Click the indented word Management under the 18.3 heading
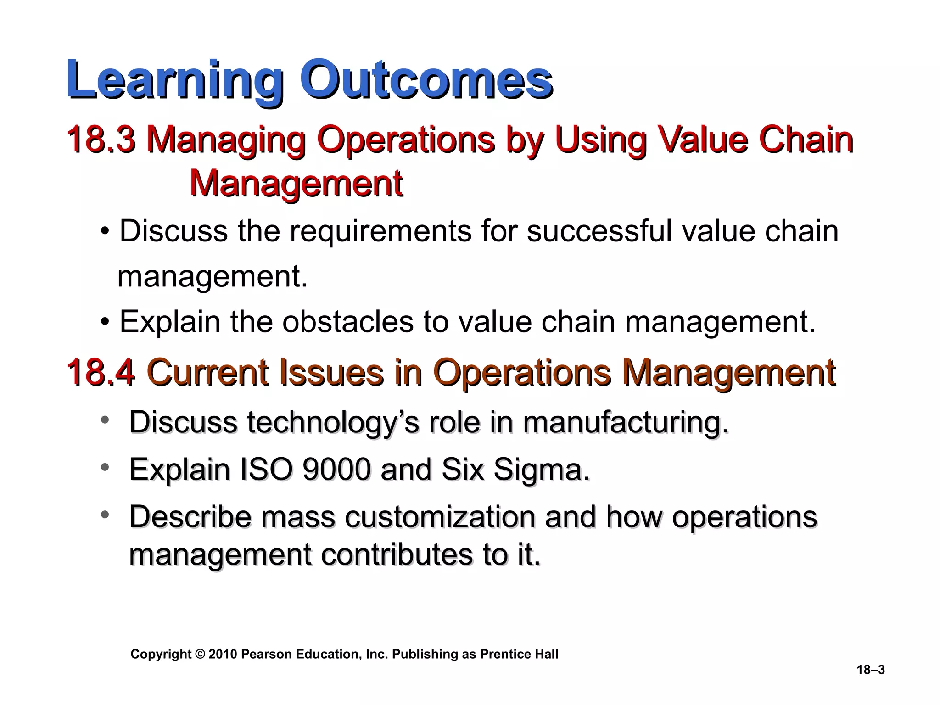296,184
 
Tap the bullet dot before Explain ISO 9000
105,468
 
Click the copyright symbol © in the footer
200,654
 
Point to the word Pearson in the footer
266,654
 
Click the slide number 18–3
870,670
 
